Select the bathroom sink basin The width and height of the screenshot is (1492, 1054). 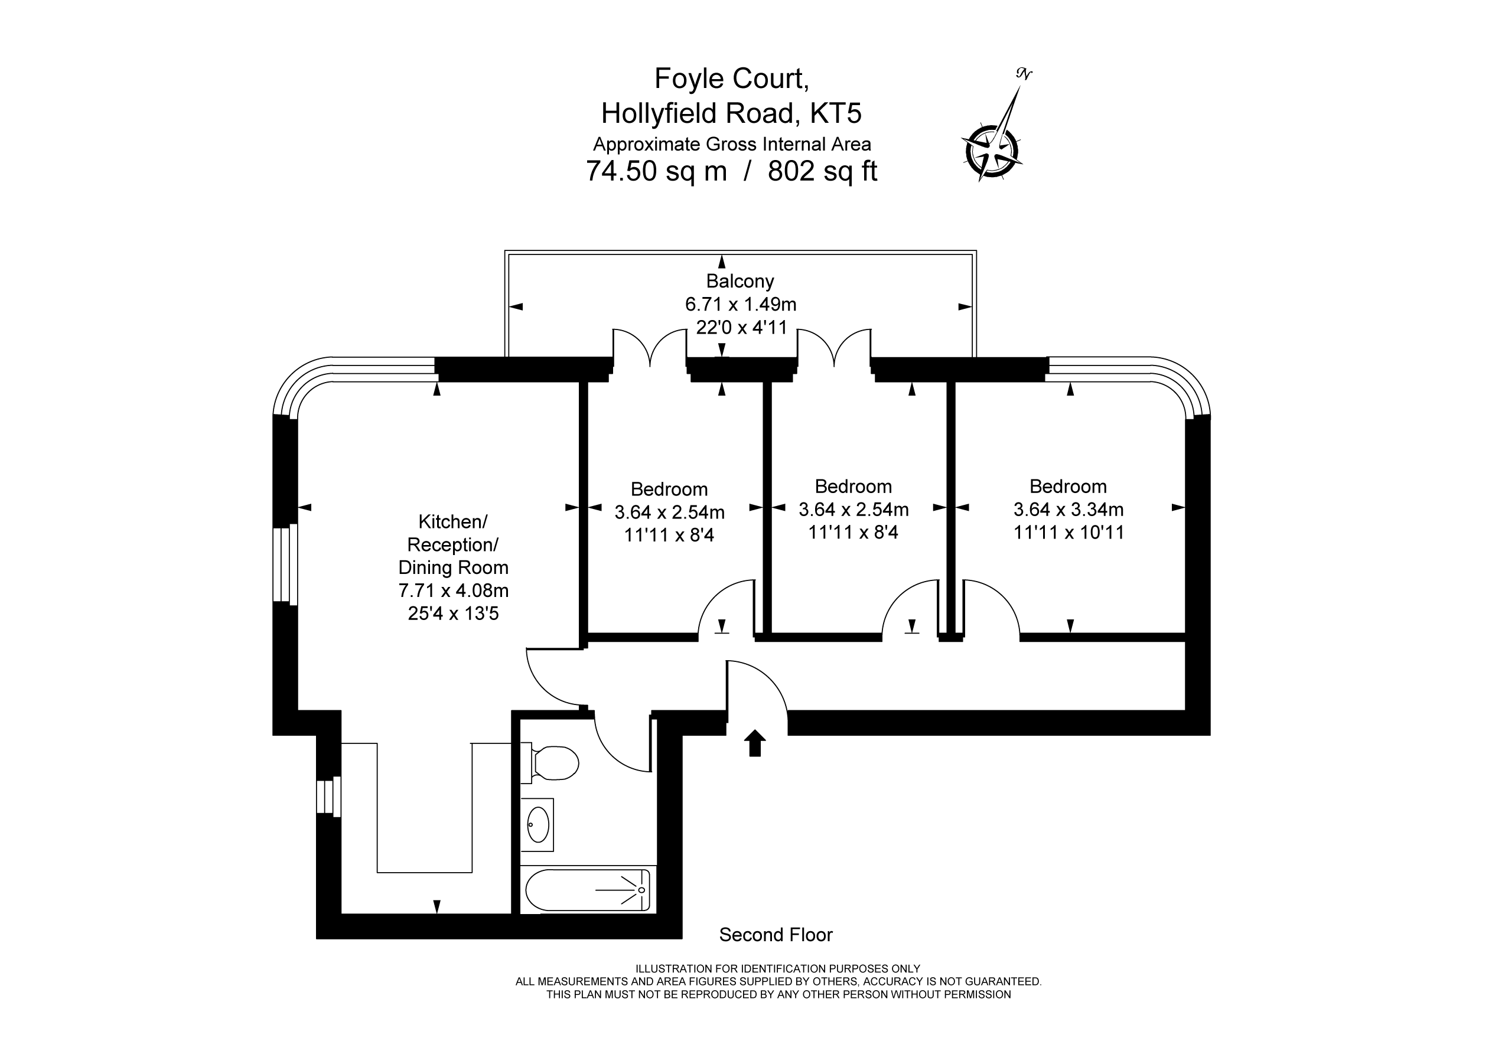539,825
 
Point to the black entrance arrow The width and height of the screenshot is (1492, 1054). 754,743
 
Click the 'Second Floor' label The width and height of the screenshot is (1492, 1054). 776,935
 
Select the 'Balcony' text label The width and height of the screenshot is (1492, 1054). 740,282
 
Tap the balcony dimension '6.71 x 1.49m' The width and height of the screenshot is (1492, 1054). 741,304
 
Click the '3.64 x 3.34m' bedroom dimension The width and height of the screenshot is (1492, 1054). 1068,510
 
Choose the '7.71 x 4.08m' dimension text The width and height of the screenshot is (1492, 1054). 454,590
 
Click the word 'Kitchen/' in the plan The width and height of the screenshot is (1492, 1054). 453,522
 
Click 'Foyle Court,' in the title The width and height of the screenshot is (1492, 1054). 732,79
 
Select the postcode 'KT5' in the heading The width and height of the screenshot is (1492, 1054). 836,113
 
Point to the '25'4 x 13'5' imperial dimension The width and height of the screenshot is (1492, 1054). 454,614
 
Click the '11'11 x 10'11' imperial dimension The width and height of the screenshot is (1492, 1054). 1069,533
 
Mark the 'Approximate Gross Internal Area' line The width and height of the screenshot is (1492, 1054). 732,144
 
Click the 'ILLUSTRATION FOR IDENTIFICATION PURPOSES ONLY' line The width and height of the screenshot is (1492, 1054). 778,969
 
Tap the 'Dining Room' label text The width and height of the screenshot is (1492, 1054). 454,568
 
